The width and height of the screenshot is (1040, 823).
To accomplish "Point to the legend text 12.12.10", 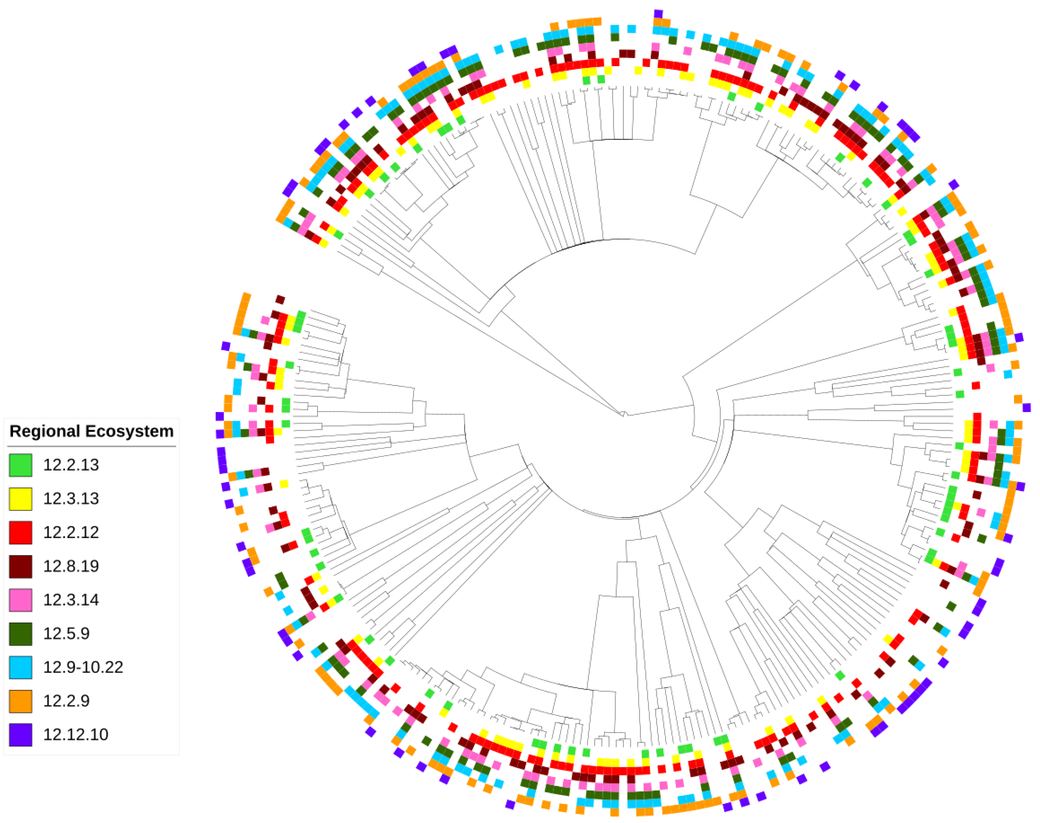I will coord(76,735).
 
